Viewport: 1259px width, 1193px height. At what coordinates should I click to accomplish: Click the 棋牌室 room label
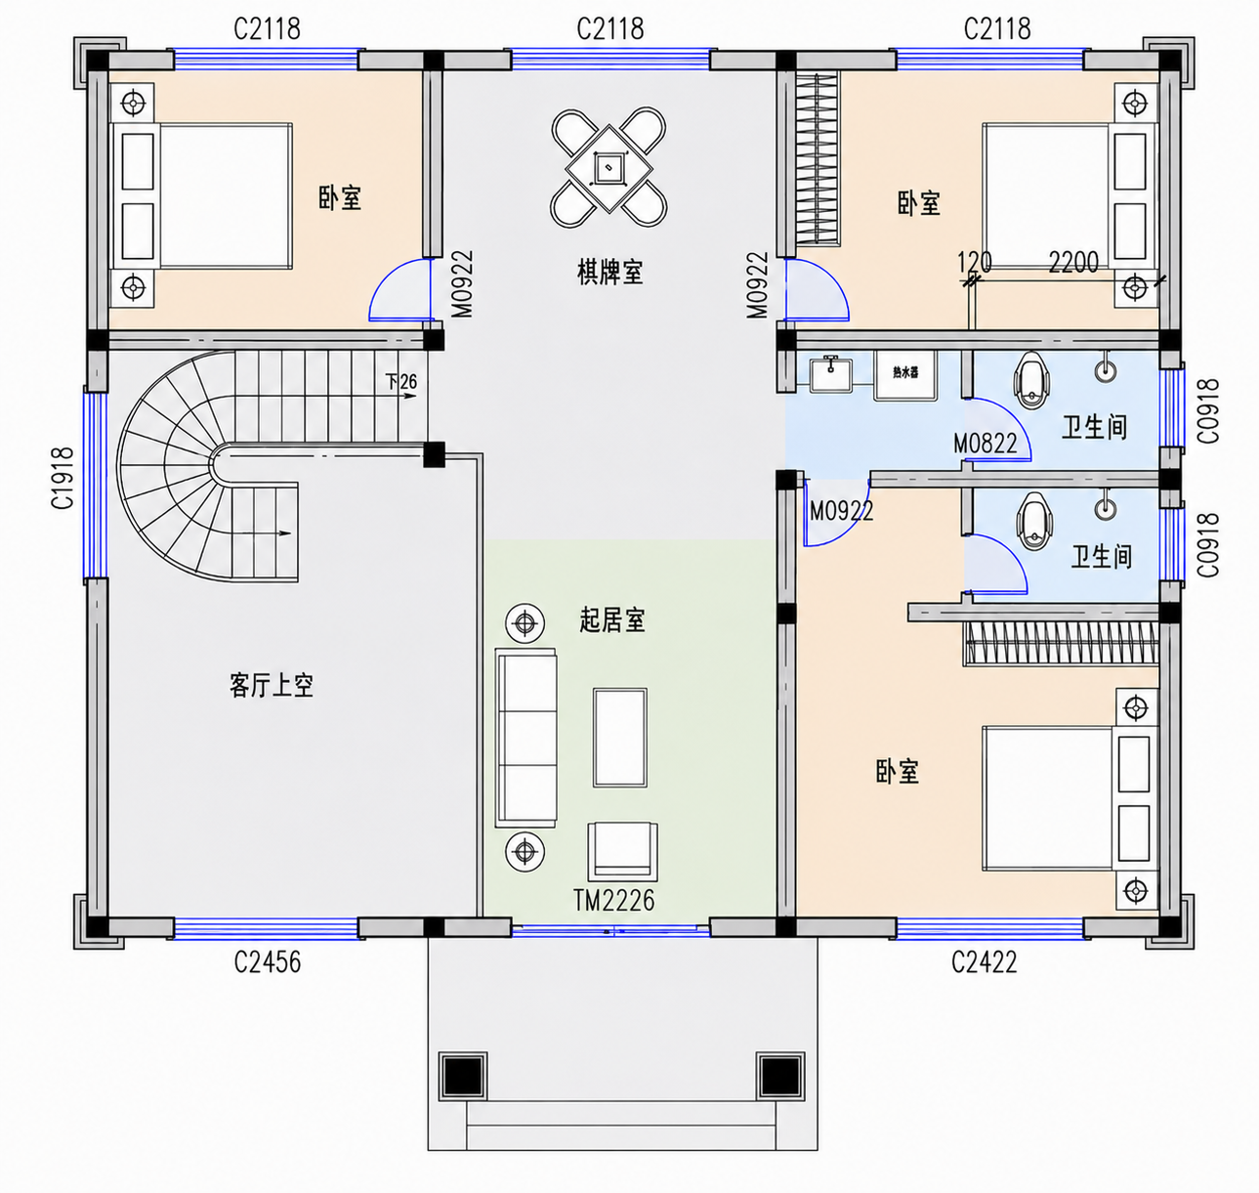609,273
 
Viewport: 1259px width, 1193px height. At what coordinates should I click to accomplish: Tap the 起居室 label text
611,620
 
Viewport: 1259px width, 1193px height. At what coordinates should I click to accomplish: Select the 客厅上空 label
272,686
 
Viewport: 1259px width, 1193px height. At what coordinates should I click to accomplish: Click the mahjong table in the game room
609,168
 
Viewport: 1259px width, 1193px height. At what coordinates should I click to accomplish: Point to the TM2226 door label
614,901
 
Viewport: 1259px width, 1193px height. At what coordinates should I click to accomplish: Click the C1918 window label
63,479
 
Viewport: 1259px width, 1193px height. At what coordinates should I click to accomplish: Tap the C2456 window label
267,962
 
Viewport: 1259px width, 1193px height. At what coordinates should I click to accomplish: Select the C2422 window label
984,962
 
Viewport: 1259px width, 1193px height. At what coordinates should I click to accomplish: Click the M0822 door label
985,444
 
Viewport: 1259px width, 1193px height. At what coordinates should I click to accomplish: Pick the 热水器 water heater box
905,375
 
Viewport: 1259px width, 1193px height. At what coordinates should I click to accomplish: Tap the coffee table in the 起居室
620,738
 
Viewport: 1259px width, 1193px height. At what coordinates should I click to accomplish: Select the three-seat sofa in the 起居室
525,738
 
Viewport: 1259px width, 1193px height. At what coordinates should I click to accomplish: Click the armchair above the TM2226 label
622,851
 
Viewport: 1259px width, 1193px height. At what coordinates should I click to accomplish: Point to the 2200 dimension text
1073,262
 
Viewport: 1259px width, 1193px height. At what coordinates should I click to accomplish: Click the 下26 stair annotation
401,382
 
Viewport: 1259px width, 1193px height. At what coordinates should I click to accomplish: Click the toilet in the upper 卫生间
1031,381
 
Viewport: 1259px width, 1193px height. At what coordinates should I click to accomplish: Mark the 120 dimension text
974,262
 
